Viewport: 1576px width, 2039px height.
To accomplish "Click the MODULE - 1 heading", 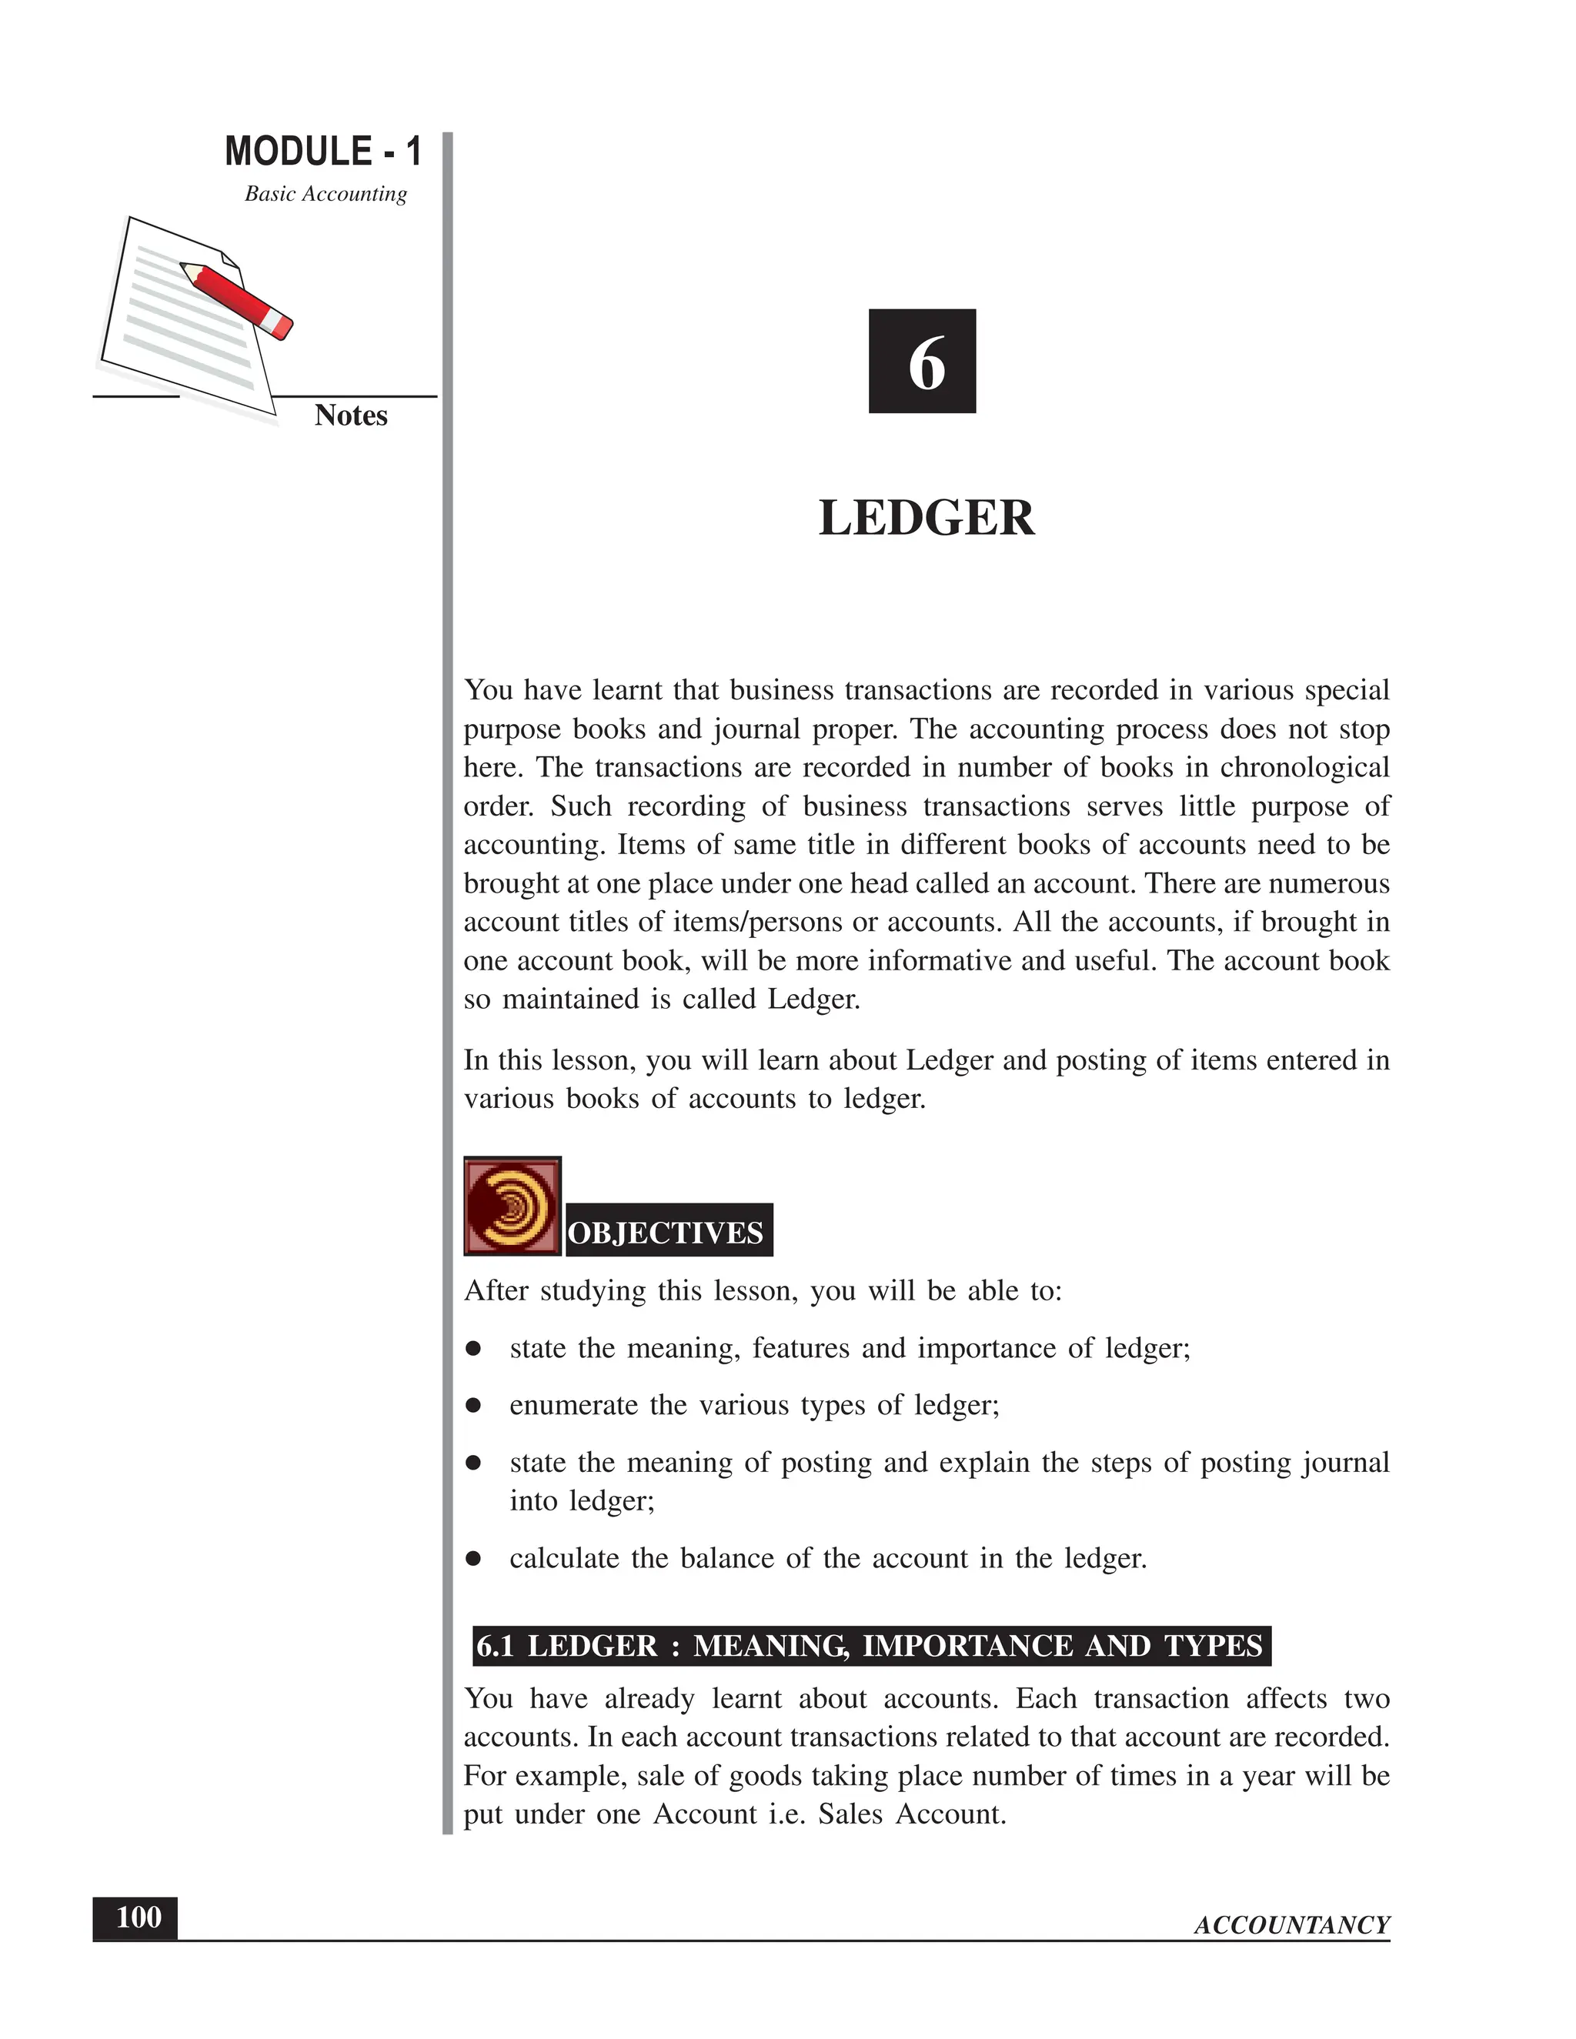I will click(323, 152).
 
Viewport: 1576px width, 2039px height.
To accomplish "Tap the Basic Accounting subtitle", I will click(326, 194).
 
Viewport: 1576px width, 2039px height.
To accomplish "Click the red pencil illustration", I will click(237, 299).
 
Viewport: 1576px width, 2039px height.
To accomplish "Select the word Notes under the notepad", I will click(350, 415).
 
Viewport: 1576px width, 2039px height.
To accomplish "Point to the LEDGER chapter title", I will click(927, 518).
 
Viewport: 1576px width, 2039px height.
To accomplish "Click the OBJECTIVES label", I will click(666, 1233).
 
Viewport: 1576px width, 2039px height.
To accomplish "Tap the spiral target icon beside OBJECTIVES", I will click(512, 1206).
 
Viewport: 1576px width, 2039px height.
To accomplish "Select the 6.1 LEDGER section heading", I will click(870, 1645).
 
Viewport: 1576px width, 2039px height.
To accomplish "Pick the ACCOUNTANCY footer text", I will click(1291, 1925).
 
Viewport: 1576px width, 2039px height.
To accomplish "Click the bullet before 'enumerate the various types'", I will click(473, 1405).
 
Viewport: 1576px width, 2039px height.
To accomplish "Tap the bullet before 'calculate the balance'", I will click(473, 1558).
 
